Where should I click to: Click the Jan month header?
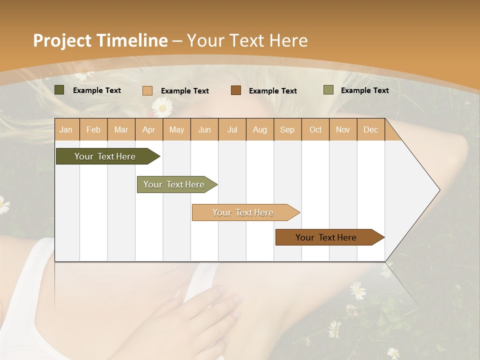click(66, 129)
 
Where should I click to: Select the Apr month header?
click(148, 129)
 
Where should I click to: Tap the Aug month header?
click(259, 129)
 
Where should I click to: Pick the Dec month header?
click(370, 129)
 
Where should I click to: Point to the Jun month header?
click(204, 129)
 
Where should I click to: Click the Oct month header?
click(315, 129)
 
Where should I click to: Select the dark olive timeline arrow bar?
click(105, 156)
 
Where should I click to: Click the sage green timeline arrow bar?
click(174, 184)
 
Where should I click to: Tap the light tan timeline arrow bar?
click(243, 212)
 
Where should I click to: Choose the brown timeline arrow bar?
click(326, 237)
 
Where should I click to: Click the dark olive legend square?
click(59, 90)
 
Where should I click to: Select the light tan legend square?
click(147, 90)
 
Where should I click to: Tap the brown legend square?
click(236, 90)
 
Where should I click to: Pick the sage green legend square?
click(328, 90)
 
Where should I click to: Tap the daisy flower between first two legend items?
click(161, 106)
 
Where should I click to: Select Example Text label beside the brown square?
click(273, 90)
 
